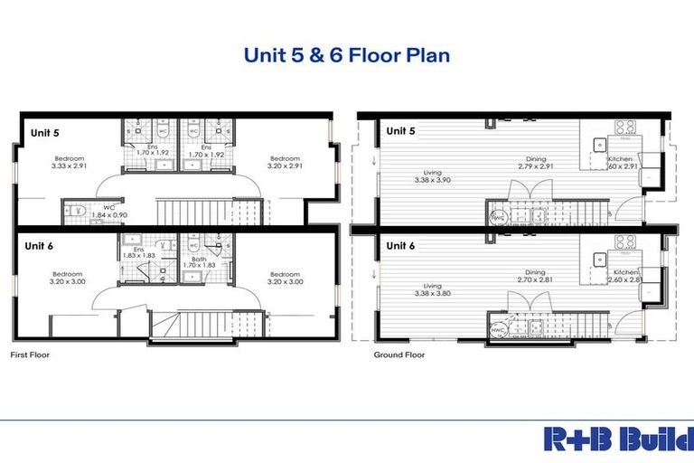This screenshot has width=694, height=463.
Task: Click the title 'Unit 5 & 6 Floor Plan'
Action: pos(347,55)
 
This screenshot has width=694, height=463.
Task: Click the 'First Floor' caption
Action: pos(30,355)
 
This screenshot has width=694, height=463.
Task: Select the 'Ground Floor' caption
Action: pos(399,355)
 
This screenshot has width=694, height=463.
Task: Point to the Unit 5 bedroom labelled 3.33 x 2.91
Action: pos(71,163)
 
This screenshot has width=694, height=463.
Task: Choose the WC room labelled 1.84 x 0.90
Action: pos(106,211)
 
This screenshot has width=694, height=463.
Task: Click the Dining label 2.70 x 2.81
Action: pos(534,276)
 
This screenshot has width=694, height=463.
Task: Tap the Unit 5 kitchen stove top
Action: pos(624,128)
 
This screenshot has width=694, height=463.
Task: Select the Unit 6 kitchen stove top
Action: pos(624,241)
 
